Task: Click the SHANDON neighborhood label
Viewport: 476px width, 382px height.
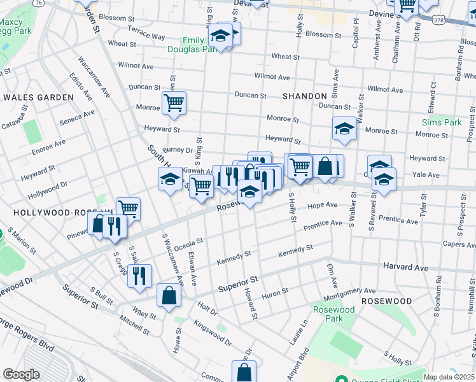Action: pos(305,96)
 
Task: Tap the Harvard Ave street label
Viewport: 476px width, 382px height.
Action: pos(406,268)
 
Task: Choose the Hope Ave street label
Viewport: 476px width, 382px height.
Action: pos(322,205)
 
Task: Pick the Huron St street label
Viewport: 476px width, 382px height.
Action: pos(276,292)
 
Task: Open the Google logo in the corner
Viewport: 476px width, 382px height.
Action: pos(21,374)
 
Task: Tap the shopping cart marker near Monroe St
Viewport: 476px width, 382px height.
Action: pos(174,103)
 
